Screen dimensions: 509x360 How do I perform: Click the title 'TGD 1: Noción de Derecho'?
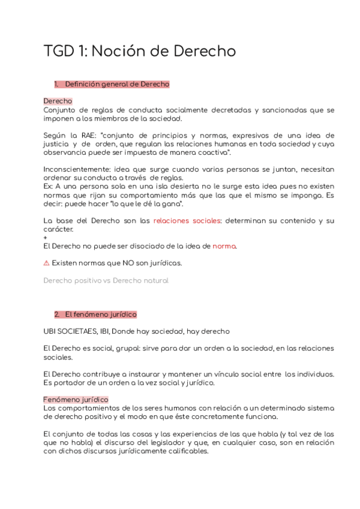tap(140, 51)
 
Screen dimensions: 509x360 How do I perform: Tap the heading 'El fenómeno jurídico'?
tap(101, 314)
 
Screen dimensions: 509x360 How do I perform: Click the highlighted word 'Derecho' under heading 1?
tap(58, 101)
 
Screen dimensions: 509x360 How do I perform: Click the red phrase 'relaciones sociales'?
tap(187, 221)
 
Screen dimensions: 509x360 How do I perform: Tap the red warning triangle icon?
tap(47, 263)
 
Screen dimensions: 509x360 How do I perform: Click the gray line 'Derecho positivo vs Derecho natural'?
tap(106, 280)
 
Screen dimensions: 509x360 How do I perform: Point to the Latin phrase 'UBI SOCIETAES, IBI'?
tap(83, 331)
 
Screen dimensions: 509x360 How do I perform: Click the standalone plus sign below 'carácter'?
tap(46, 238)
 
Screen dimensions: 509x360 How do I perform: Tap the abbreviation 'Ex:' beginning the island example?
tap(49, 187)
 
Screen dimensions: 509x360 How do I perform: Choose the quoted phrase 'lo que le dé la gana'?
tap(134, 203)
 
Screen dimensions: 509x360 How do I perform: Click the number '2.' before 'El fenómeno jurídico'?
tap(57, 314)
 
